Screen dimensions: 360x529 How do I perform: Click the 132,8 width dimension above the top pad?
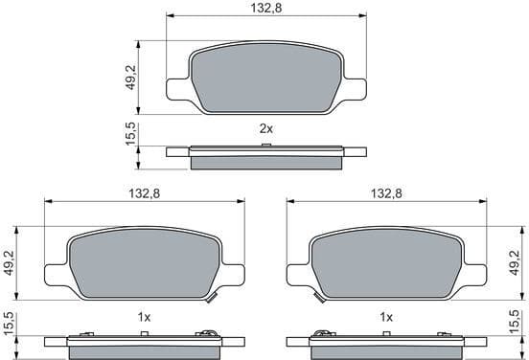point(264,8)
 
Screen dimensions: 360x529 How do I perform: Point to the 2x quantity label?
point(266,128)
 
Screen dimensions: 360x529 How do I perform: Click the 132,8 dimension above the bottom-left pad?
point(144,193)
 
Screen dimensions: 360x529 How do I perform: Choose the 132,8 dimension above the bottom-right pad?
point(384,193)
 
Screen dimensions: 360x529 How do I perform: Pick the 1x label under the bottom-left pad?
point(144,316)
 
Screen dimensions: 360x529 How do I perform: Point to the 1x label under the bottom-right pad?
point(386,316)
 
